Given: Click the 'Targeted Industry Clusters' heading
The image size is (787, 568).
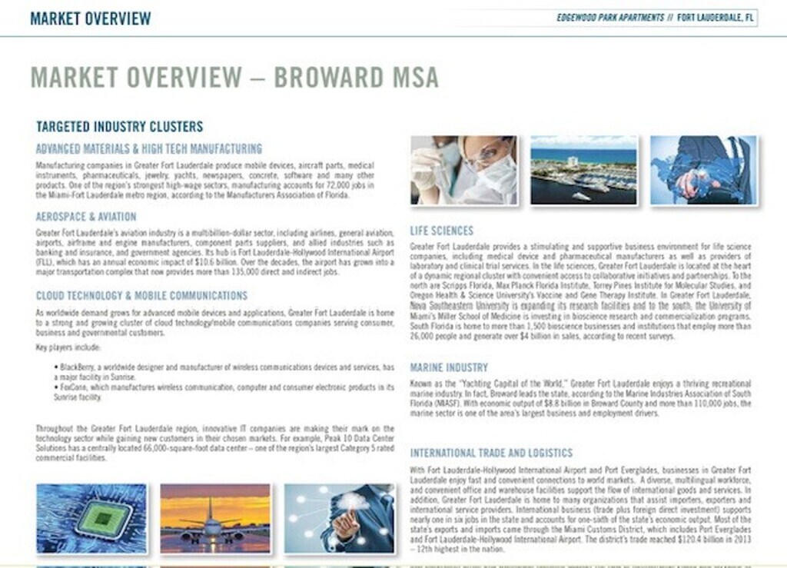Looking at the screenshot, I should [x=119, y=127].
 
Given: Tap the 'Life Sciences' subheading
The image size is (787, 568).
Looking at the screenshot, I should [x=442, y=231].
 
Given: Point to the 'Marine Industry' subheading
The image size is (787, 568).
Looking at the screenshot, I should [x=449, y=368].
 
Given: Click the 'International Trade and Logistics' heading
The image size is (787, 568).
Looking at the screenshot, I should [x=491, y=453].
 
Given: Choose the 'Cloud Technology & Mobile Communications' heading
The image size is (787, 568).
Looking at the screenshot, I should [x=141, y=296].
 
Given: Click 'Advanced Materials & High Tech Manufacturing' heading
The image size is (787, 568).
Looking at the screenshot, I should [x=149, y=149].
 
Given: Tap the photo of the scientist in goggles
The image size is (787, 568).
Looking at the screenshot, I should [x=463, y=170].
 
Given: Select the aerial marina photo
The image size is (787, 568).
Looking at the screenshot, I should [x=583, y=170].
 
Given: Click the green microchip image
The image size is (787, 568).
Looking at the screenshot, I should [x=91, y=519].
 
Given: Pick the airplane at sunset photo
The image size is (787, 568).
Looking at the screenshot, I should [x=215, y=519].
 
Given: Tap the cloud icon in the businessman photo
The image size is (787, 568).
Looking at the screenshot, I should [x=350, y=501].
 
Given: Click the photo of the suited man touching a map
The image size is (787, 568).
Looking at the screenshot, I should [x=703, y=170].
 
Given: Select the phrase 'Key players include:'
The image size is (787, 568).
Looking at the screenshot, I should [x=62, y=348].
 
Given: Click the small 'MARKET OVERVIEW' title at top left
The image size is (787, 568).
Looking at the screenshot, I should [x=90, y=18].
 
